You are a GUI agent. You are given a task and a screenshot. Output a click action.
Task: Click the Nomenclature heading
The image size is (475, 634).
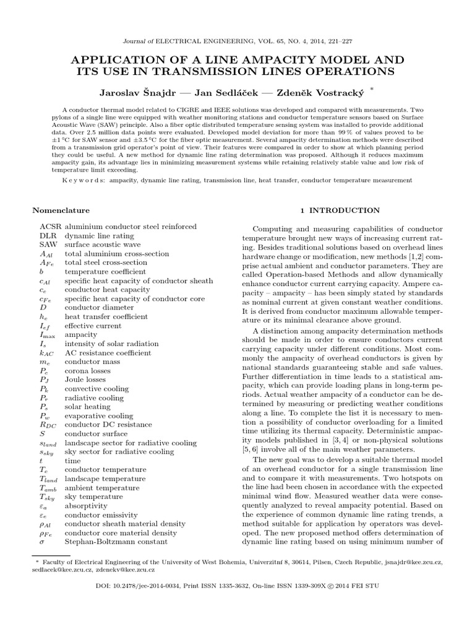click(65, 211)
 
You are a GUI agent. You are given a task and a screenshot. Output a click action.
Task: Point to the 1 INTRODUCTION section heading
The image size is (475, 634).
click(340, 211)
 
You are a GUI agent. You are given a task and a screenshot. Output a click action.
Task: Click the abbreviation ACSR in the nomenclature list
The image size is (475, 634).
click(51, 227)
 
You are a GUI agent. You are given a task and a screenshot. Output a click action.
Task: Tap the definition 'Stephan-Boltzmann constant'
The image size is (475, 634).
click(116, 542)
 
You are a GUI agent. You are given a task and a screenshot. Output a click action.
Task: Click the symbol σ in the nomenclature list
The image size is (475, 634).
click(43, 542)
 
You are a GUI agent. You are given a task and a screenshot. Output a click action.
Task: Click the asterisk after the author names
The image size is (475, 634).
click(371, 89)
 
